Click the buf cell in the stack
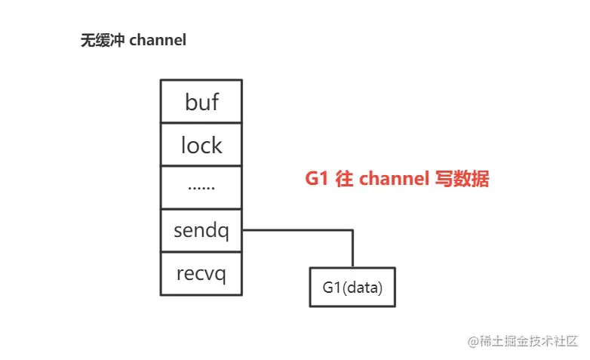click(x=201, y=101)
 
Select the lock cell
click(x=201, y=144)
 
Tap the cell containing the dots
click(x=201, y=186)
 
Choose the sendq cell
click(x=201, y=230)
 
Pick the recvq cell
click(x=201, y=273)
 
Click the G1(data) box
click(x=352, y=287)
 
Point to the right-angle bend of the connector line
click(x=352, y=230)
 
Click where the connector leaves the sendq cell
click(x=243, y=230)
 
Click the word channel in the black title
click(x=158, y=41)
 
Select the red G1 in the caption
click(x=315, y=180)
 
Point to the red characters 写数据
click(x=462, y=180)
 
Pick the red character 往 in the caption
click(x=344, y=180)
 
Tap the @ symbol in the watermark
click(x=473, y=341)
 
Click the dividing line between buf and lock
click(x=201, y=122)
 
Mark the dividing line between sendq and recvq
click(x=201, y=252)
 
